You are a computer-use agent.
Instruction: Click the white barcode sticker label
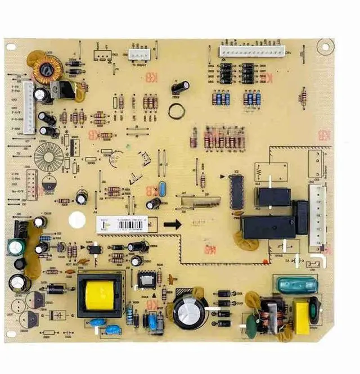point(121,223)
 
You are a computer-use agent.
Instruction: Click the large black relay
point(268,227)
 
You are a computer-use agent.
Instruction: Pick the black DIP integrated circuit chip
point(237,192)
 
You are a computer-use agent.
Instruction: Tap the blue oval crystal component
point(163,189)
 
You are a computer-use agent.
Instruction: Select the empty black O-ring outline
point(176,110)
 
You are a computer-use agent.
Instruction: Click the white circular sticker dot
point(76,220)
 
